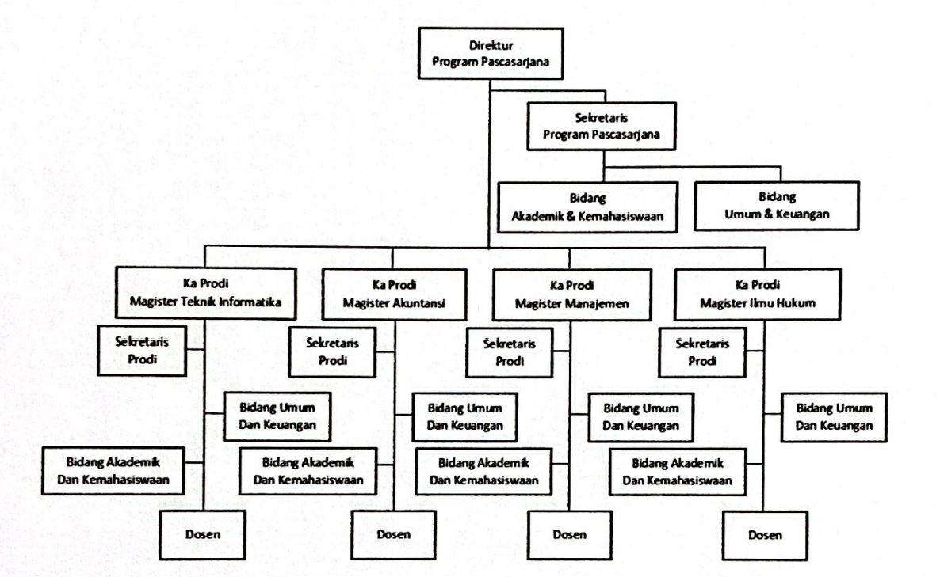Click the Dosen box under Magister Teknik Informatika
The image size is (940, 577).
[x=203, y=535]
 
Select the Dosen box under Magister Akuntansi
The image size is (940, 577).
[x=393, y=535]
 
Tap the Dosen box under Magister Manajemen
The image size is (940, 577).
[x=569, y=535]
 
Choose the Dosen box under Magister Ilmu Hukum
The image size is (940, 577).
[x=764, y=536]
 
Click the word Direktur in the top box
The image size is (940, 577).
[x=491, y=45]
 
